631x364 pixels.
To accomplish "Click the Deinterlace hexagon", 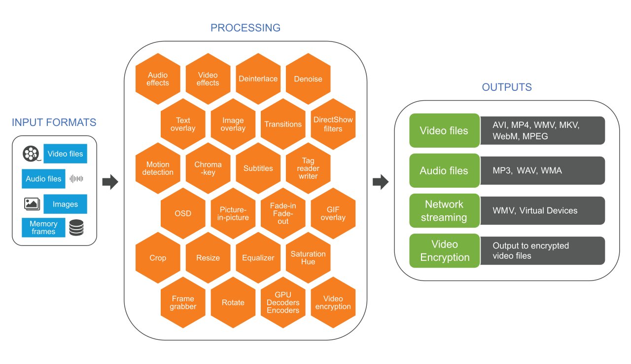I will point(258,79).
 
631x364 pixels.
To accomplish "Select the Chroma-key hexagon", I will point(208,168).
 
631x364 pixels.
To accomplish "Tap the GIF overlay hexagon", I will point(333,213).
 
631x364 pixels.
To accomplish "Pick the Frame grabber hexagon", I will point(183,303).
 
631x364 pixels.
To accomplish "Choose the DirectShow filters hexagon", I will point(333,124).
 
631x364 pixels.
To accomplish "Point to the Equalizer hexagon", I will point(258,258).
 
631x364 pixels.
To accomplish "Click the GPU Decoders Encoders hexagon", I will point(283,303).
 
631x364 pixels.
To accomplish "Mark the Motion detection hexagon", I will point(158,168).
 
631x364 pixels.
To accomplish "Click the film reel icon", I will point(31,154).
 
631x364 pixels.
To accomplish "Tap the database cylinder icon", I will point(76,228).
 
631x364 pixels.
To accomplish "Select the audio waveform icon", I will point(76,179).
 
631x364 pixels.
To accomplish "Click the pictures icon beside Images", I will point(32,203).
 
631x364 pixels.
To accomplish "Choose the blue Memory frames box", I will point(43,228).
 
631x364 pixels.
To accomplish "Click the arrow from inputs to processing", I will point(110,182).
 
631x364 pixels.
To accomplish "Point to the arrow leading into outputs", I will point(380,182).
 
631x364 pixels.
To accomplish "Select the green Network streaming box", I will point(445,211).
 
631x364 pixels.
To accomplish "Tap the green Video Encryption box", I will point(445,251).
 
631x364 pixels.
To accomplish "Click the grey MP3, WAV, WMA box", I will point(542,171).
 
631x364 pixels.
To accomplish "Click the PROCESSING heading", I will point(245,28).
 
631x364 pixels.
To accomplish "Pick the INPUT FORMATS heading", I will point(54,122).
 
